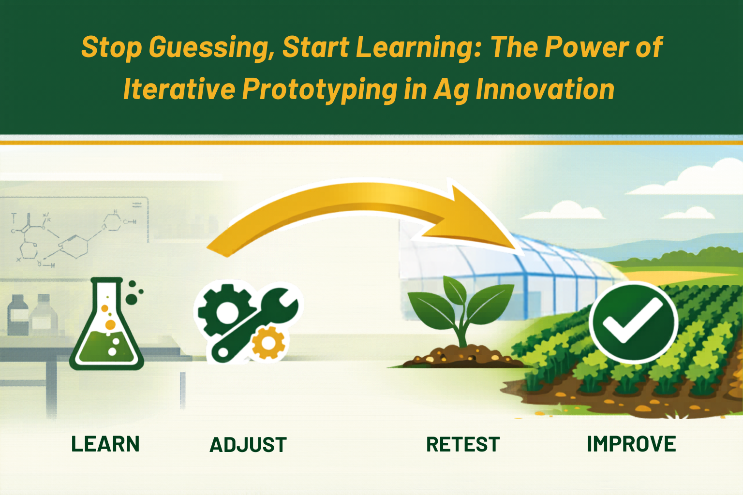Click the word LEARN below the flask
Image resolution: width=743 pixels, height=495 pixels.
(105, 444)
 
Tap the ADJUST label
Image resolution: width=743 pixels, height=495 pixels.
(248, 445)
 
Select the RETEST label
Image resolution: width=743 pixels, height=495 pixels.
(463, 444)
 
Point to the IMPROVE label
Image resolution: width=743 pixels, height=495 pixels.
(631, 444)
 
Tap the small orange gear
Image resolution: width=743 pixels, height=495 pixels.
(268, 343)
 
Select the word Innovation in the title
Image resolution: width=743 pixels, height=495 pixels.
(545, 89)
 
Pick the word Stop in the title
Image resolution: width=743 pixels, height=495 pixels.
(112, 48)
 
